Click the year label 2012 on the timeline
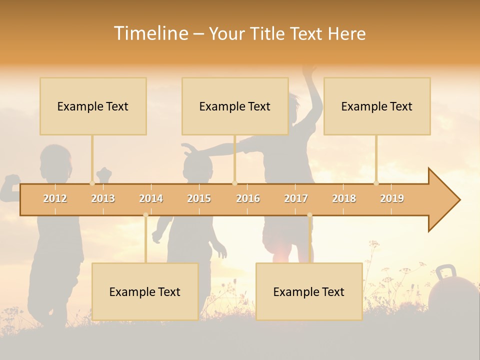coord(55,198)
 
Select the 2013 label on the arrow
coord(103,198)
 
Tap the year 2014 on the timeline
coord(151,198)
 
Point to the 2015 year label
coord(199,198)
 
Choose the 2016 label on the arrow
coord(248,198)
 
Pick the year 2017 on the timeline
coord(296,198)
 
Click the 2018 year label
coord(344,198)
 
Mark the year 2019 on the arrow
coord(392,198)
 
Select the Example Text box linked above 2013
coord(93,106)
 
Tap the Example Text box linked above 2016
coord(235,106)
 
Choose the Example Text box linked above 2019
coord(377,106)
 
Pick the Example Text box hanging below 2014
coord(145,291)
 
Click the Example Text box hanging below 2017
coord(309,291)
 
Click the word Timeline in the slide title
coord(150,33)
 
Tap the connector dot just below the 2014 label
coord(145,215)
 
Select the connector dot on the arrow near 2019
coord(376,183)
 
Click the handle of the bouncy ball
coord(445,272)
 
